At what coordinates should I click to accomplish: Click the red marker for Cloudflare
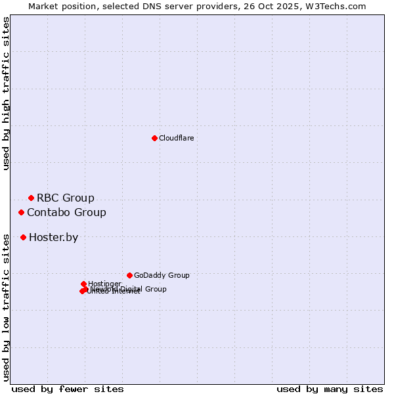[x=154, y=138]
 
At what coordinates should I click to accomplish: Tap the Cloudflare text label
[x=176, y=138]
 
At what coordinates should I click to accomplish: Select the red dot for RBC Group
[x=31, y=198]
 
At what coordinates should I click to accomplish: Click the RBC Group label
[x=65, y=198]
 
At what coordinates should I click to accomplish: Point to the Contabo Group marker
[x=22, y=212]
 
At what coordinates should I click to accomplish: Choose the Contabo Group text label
[x=66, y=212]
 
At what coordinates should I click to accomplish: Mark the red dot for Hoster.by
[x=23, y=237]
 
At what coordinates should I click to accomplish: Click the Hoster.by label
[x=53, y=237]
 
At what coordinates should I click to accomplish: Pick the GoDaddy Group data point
[x=129, y=275]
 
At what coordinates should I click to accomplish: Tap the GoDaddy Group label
[x=162, y=275]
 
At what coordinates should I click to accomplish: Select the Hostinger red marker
[x=83, y=284]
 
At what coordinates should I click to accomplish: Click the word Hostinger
[x=104, y=284]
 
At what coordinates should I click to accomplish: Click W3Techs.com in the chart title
[x=339, y=6]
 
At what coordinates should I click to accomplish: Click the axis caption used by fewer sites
[x=68, y=389]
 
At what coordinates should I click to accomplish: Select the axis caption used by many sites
[x=330, y=389]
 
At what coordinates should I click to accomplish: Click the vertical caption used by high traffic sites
[x=6, y=93]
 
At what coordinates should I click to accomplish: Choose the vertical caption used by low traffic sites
[x=6, y=307]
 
